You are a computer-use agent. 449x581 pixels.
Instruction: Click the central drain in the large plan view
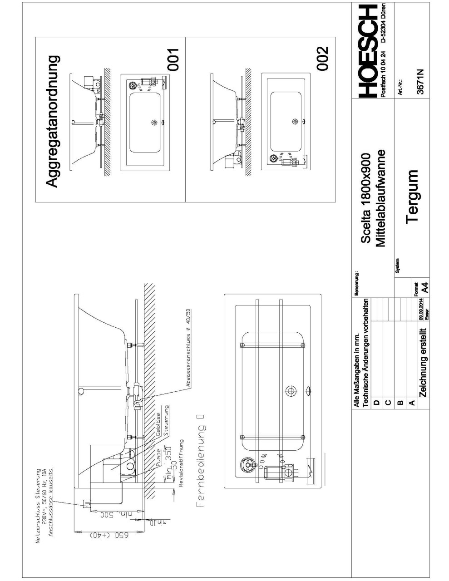tap(290, 391)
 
